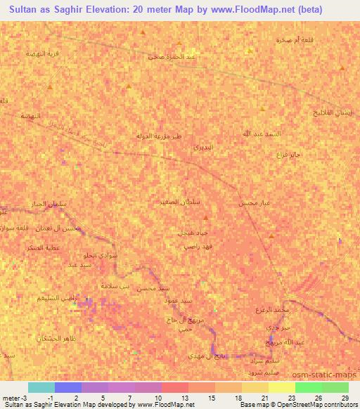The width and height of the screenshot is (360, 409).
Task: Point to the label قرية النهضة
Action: pyautogui.click(x=40, y=53)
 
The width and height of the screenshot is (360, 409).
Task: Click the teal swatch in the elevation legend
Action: pyautogui.click(x=41, y=387)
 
